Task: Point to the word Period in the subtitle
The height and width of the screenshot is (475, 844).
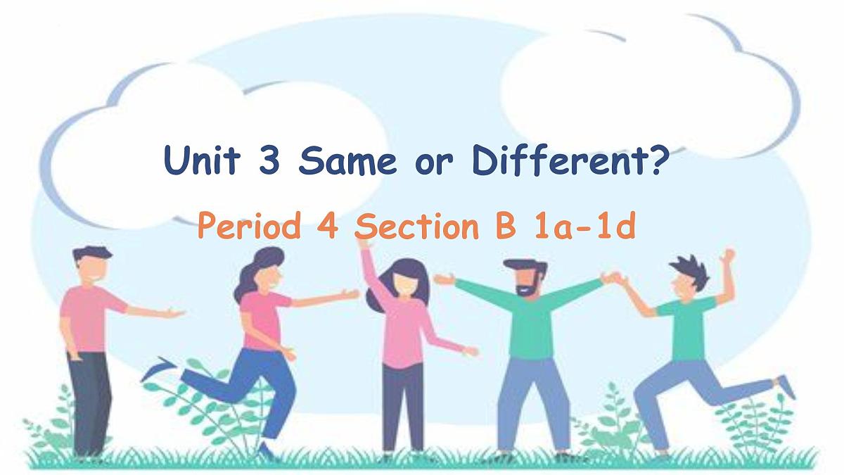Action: tap(245, 227)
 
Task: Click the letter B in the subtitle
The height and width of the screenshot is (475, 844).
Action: tap(505, 227)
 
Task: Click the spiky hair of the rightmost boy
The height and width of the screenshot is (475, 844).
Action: tap(688, 268)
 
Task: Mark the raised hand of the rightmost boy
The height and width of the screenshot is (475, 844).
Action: tap(727, 255)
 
